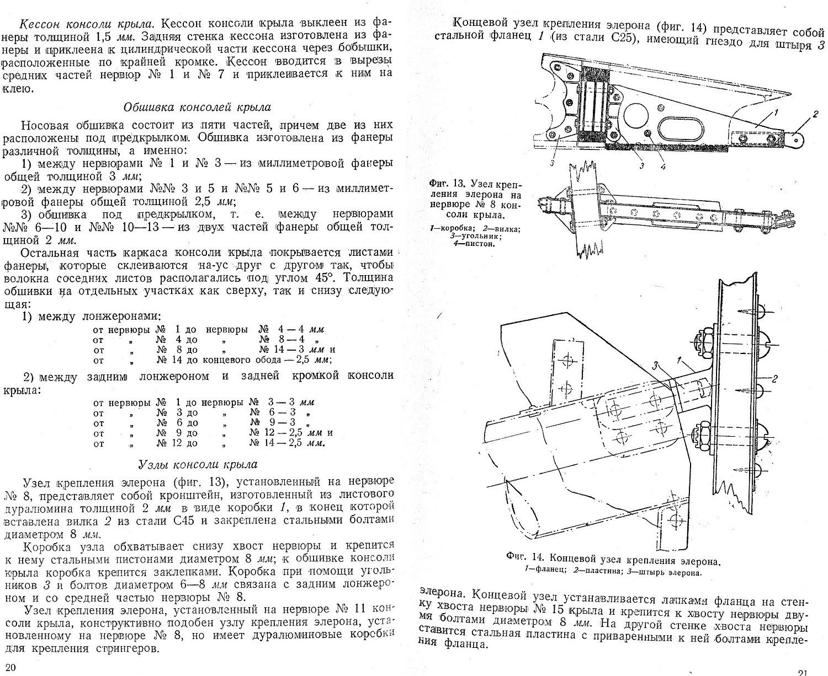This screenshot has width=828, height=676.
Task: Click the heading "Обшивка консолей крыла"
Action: tap(198, 107)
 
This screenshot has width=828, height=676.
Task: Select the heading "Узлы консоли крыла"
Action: tap(198, 464)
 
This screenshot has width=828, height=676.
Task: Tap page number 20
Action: tap(10, 666)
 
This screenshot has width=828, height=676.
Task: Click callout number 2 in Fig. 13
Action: tap(815, 115)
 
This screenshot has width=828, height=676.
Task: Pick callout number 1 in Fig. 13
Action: tap(776, 113)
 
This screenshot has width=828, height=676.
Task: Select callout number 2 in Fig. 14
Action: tap(775, 378)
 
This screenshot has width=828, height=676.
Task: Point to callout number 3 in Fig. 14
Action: tap(655, 365)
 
